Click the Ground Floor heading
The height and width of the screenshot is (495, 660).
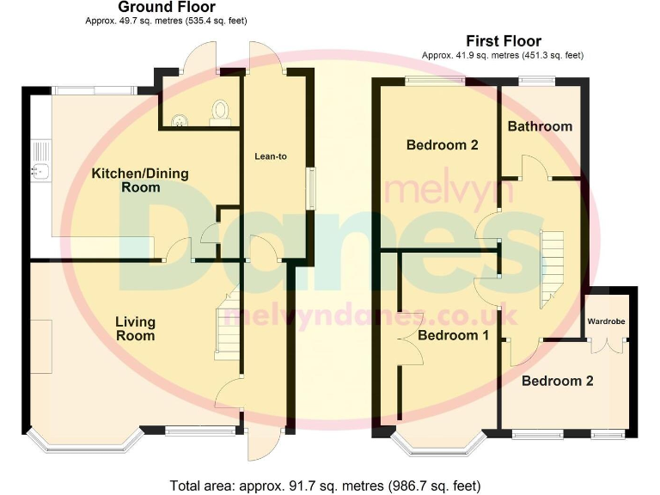[166, 8]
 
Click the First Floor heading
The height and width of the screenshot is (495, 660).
[503, 40]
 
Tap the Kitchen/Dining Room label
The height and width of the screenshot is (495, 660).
[139, 180]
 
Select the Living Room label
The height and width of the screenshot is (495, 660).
[136, 328]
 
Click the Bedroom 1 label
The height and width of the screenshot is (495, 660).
[453, 335]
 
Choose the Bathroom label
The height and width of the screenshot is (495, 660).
[539, 126]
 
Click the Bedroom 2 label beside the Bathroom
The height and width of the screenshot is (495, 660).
[442, 145]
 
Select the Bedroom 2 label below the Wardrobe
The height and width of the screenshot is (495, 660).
[557, 381]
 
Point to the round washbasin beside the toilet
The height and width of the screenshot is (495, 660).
[180, 120]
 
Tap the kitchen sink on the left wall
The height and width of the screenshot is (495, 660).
[39, 169]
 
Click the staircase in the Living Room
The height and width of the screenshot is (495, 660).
[227, 325]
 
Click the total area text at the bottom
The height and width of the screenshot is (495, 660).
[326, 485]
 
